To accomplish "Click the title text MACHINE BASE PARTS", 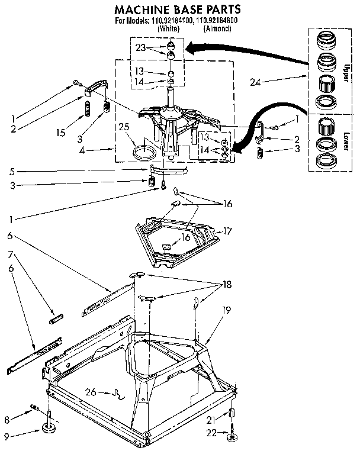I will (x=177, y=9).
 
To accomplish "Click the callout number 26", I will (x=90, y=391).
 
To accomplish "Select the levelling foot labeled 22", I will (x=231, y=439).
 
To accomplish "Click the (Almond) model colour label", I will (x=217, y=28).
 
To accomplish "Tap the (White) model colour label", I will (x=168, y=28).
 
